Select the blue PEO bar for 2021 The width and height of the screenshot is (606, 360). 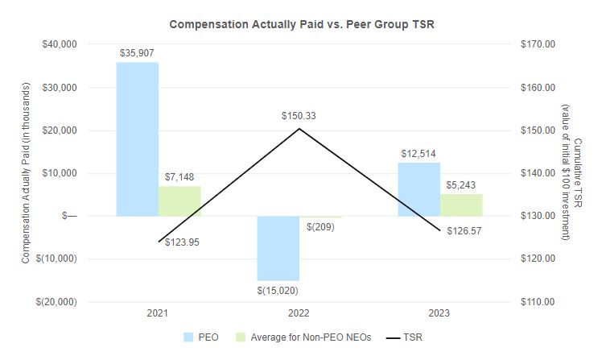tap(137, 139)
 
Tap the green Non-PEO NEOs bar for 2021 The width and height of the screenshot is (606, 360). tap(179, 201)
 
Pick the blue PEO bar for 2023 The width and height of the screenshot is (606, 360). tap(418, 189)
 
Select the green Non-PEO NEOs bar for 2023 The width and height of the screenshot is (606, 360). tap(461, 205)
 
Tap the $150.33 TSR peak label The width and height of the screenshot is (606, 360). tap(299, 116)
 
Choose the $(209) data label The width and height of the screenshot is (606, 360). tap(320, 227)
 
